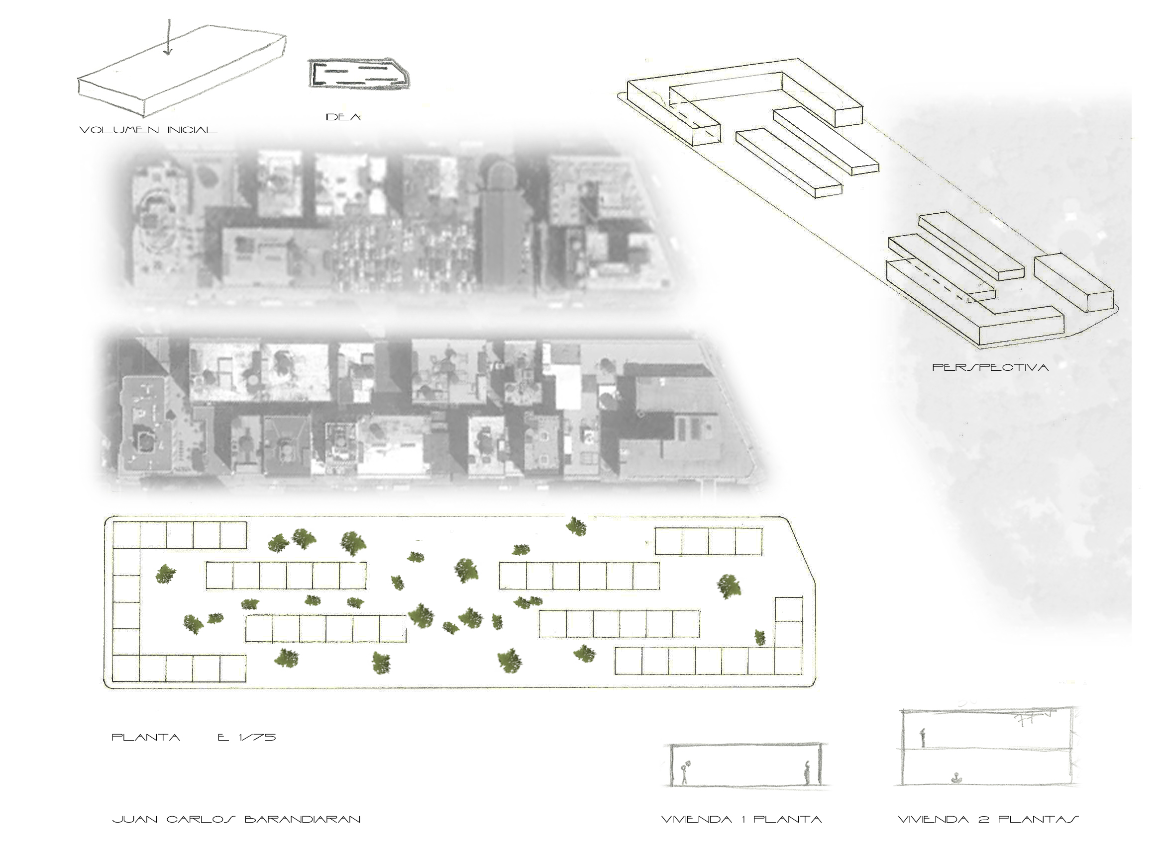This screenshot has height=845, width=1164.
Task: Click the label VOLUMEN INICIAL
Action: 148,130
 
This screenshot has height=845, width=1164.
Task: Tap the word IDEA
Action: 343,117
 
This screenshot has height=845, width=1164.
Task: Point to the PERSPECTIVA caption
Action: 990,367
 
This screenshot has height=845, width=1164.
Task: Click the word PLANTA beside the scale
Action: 146,737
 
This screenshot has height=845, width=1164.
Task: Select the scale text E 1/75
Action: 247,737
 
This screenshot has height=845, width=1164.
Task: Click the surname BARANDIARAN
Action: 302,819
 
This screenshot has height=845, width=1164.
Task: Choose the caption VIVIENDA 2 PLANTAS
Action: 988,819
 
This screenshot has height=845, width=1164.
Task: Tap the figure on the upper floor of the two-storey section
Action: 922,737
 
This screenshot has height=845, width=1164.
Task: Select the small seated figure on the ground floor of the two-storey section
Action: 955,778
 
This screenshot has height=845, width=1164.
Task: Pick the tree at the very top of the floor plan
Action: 576,526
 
